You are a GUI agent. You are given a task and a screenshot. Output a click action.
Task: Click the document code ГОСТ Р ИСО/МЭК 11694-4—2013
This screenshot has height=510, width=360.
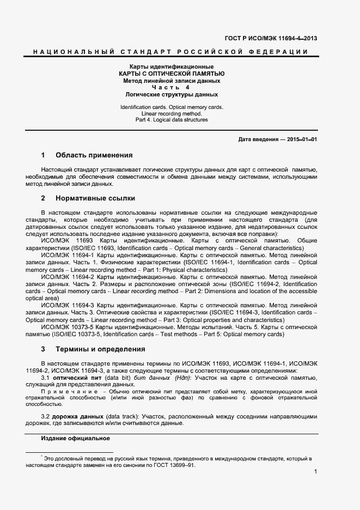271,38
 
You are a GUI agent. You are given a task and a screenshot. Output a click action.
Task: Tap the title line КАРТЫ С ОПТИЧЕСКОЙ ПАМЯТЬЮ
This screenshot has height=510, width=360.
172,73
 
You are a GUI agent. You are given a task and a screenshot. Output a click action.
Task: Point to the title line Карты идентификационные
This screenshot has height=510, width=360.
172,66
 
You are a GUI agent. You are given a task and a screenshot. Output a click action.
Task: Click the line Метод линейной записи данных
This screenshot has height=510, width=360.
172,80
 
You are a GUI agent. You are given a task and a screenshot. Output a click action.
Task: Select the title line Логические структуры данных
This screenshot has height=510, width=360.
172,94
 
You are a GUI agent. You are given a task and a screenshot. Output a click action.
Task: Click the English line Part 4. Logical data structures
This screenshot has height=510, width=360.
172,120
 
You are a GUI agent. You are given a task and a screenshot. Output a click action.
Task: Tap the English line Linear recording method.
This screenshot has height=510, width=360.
172,113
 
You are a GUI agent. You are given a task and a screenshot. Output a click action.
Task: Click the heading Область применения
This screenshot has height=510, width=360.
94,155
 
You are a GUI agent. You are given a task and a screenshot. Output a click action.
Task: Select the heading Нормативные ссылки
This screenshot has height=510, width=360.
95,198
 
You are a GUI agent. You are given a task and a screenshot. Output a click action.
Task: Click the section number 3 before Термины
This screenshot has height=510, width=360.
43,349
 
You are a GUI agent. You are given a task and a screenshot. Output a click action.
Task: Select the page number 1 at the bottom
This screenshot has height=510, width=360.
315,479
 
